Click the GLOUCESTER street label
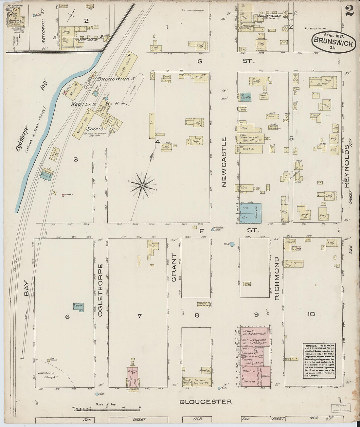206,401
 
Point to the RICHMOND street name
277,278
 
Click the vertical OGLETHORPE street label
100,290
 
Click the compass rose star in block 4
142,186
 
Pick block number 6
67,316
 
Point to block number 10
311,314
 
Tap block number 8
197,315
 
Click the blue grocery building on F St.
251,213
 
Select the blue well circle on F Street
232,244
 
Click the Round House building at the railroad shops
81,124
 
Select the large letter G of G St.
199,61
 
